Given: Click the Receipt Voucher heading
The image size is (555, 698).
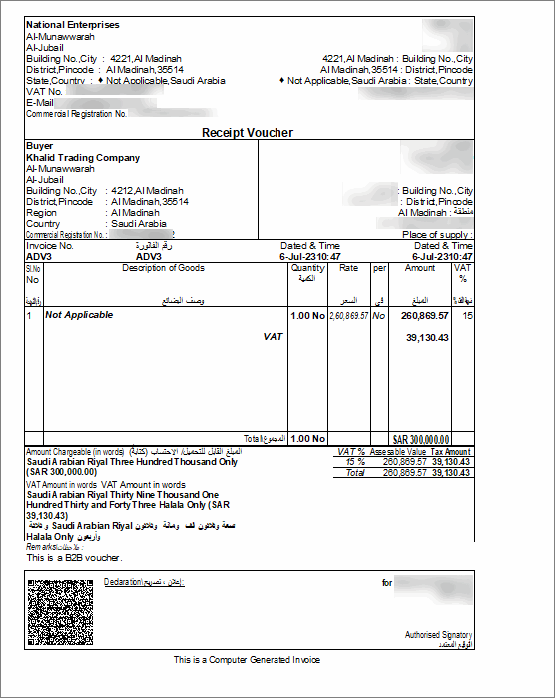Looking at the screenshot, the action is (x=248, y=132).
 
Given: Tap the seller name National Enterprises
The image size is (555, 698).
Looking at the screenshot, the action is (x=72, y=24).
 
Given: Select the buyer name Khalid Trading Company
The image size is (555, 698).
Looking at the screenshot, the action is (x=83, y=158).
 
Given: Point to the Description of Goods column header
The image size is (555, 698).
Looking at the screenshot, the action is (x=163, y=268).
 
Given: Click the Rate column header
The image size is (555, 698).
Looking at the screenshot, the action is (x=348, y=268).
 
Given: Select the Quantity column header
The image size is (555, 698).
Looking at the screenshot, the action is (x=307, y=268).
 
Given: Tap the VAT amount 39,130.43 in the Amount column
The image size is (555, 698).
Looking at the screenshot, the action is (x=428, y=337).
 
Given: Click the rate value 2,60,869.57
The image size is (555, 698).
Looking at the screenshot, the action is (x=348, y=315).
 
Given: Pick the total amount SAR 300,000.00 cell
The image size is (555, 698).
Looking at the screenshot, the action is (x=421, y=439).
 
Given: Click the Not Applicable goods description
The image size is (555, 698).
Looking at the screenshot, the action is (x=79, y=315).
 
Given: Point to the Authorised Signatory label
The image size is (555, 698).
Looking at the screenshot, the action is (x=438, y=635).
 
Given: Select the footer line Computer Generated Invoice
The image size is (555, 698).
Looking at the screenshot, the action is (x=247, y=660).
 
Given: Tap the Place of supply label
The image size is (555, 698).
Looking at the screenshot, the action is (x=437, y=235).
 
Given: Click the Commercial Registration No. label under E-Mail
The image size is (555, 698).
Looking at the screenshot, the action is (x=77, y=114).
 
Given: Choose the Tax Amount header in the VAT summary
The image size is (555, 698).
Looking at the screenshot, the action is (x=450, y=452).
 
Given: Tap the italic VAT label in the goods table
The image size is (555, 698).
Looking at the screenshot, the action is (x=274, y=337).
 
